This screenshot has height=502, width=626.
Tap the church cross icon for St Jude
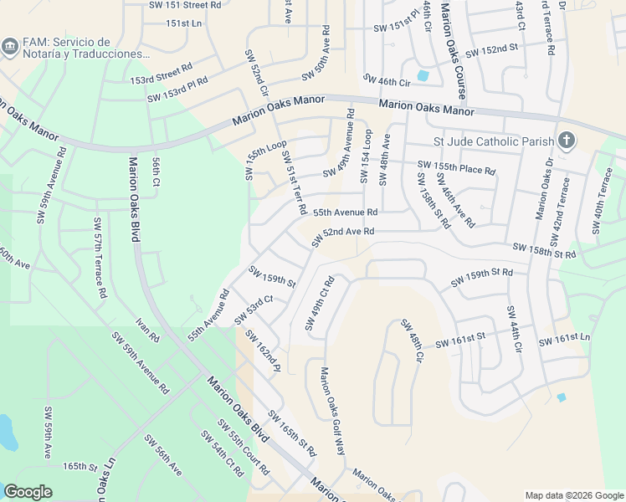pos(566,140)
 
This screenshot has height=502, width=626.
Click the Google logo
pos(28,492)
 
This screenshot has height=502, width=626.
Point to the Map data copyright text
pos(573,495)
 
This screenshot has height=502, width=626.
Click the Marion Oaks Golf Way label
pos(332,411)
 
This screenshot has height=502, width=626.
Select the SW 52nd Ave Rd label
pos(343,237)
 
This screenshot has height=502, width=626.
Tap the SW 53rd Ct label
pos(254,309)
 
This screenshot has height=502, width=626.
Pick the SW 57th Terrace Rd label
pos(100,259)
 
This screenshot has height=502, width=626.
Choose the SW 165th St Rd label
pos(292,433)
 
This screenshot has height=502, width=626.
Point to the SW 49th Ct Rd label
pos(320,303)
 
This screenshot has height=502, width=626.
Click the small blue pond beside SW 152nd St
pos(423,75)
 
